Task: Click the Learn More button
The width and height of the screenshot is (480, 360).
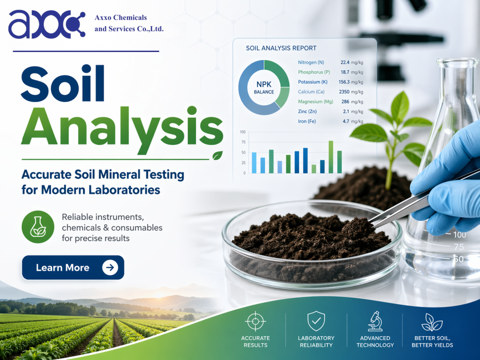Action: (73, 268)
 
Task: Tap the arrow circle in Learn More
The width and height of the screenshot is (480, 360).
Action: (110, 268)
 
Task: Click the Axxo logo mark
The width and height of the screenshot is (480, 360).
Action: (46, 24)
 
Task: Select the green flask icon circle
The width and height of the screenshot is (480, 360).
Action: (38, 227)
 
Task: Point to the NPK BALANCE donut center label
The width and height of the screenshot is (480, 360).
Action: (264, 88)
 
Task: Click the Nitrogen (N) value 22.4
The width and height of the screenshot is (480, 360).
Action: (345, 62)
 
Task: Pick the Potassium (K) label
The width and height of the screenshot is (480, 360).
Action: (313, 82)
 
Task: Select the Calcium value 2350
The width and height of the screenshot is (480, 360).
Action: (344, 92)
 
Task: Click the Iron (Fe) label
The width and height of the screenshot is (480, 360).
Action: (307, 121)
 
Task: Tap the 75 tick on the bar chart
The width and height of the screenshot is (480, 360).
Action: (243, 142)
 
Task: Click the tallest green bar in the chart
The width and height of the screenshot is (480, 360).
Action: (331, 157)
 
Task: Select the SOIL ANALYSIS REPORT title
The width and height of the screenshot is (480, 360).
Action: (281, 48)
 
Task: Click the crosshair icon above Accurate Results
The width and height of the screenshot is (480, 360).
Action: (255, 321)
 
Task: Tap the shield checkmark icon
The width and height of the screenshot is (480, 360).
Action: (316, 321)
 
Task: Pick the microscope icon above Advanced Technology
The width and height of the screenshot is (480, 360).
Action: (375, 321)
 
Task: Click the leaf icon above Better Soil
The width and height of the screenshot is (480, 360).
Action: (432, 322)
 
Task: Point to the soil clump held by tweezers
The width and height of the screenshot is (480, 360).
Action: (358, 228)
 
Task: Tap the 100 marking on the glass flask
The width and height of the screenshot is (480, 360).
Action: (459, 235)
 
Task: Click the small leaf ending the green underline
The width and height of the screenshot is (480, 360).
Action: (217, 156)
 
